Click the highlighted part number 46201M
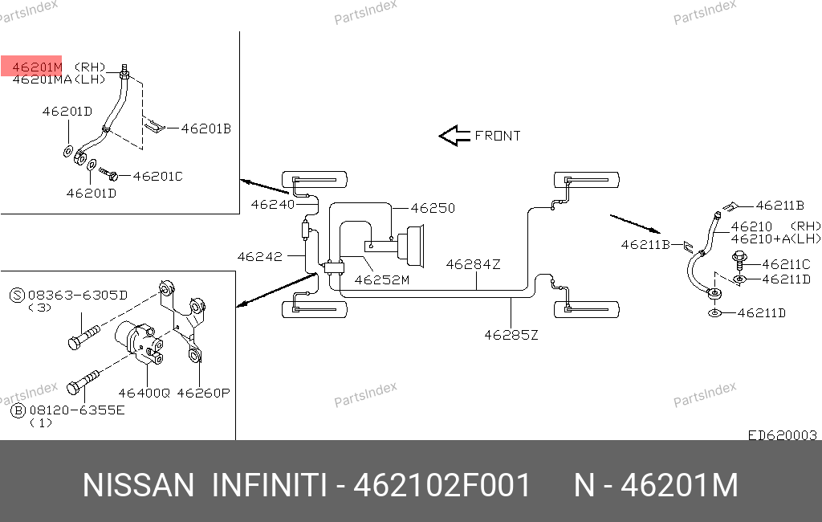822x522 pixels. (x=37, y=67)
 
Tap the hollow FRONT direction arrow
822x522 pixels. (x=454, y=136)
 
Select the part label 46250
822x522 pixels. (x=433, y=208)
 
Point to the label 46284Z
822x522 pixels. (x=473, y=264)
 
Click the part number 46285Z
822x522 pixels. (x=511, y=335)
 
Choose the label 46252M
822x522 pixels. (x=381, y=280)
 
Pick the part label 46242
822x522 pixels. (x=260, y=256)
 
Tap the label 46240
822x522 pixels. (x=273, y=204)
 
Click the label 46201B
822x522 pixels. (x=206, y=128)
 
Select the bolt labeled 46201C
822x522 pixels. (x=108, y=173)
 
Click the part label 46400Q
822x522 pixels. (x=144, y=393)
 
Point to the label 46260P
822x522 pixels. (x=203, y=393)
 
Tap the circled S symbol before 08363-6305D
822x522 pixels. (x=18, y=296)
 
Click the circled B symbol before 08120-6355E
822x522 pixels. (x=18, y=410)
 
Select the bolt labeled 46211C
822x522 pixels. (x=739, y=262)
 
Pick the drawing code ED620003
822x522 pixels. (x=782, y=435)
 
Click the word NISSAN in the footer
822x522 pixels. (x=138, y=485)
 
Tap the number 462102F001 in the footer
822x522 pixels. (x=442, y=485)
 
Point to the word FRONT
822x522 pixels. (x=498, y=136)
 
